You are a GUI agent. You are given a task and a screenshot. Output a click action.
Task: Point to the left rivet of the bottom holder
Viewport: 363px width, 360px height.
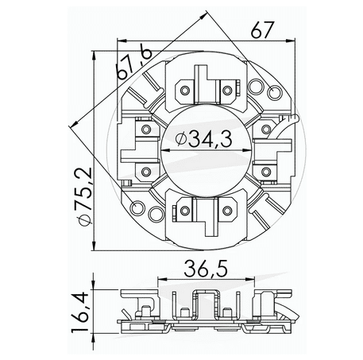pyautogui.click(x=183, y=209)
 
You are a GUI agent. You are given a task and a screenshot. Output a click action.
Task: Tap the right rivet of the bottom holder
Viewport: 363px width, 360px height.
pyautogui.click(x=229, y=209)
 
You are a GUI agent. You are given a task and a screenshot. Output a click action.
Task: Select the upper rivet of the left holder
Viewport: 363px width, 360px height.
pyautogui.click(x=146, y=126)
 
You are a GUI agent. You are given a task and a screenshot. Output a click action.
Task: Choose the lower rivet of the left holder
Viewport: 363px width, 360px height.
pyautogui.click(x=146, y=171)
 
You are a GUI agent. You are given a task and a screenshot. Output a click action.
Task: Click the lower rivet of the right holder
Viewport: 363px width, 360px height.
pyautogui.click(x=265, y=171)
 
